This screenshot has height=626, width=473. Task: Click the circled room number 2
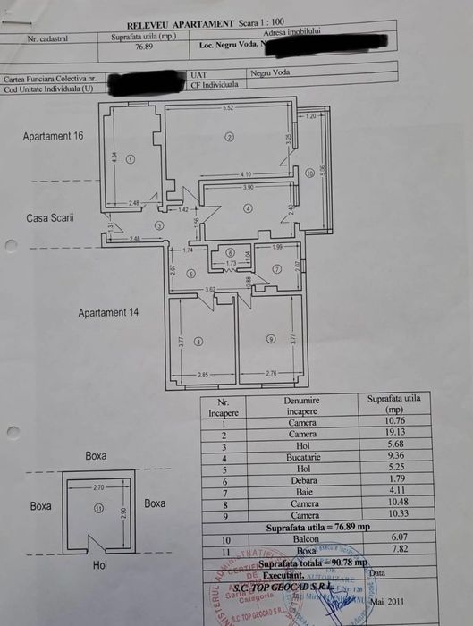[x=229, y=137]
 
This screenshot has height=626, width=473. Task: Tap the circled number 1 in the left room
[x=130, y=159]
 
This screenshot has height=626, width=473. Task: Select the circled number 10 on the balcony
[x=308, y=173]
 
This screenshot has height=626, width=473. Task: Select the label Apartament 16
[x=54, y=136]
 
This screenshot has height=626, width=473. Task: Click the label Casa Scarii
[x=49, y=217]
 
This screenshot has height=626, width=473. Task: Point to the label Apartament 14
[x=108, y=313]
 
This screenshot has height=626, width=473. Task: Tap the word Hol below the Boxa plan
[x=99, y=566]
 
